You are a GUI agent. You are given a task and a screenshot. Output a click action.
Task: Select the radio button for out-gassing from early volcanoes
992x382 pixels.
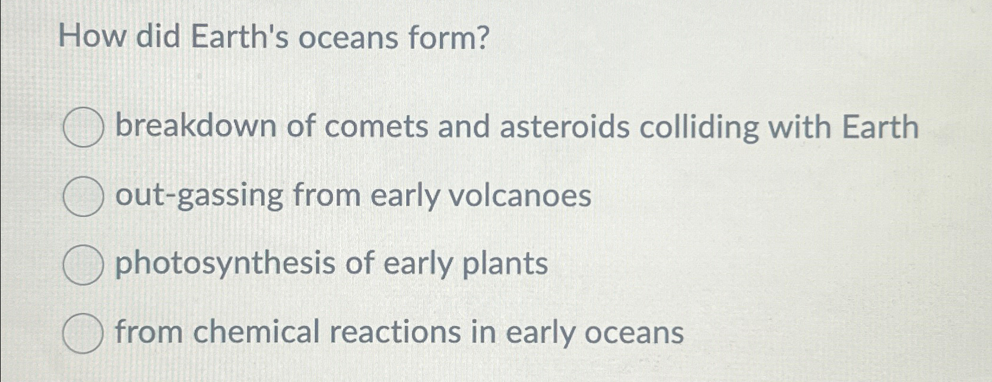coord(83,196)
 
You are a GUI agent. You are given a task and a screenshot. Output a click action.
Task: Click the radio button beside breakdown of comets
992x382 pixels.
coord(83,127)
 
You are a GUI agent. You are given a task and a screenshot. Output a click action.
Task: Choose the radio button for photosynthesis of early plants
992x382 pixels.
coord(83,265)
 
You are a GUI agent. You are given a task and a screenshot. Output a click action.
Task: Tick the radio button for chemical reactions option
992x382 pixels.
coord(83,333)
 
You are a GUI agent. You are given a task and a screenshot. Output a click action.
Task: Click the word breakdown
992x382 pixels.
coord(196,126)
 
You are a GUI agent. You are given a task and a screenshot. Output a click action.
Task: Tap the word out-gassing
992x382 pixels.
coord(199,196)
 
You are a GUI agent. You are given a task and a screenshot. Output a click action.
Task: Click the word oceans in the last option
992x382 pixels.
coord(634,333)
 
